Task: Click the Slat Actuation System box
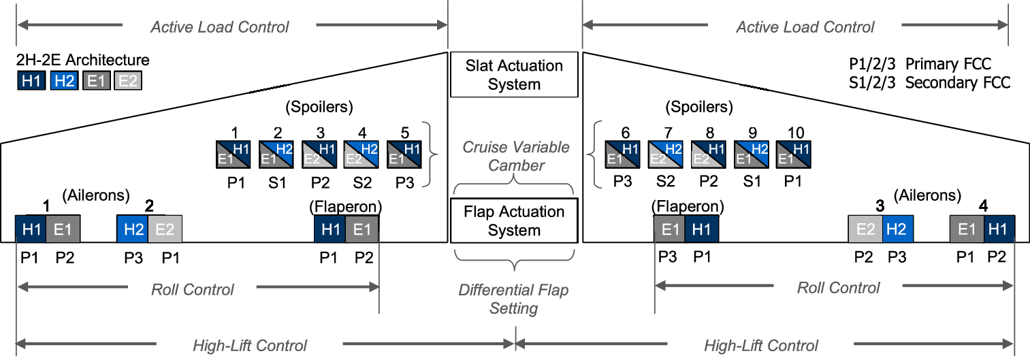point(514,75)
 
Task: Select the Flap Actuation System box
point(514,221)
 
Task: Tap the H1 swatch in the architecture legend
point(31,81)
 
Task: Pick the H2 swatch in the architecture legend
point(64,81)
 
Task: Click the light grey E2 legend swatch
point(128,81)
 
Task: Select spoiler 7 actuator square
point(664,154)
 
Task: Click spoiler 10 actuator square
point(793,154)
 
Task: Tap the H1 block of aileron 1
point(31,229)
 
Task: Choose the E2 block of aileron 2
point(165,229)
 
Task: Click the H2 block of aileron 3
point(898,229)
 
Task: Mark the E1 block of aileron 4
point(967,229)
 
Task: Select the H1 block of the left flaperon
point(330,229)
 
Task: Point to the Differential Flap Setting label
point(514,299)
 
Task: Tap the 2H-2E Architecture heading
point(82,61)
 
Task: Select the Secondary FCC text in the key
point(958,82)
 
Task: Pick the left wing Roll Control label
point(193,289)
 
